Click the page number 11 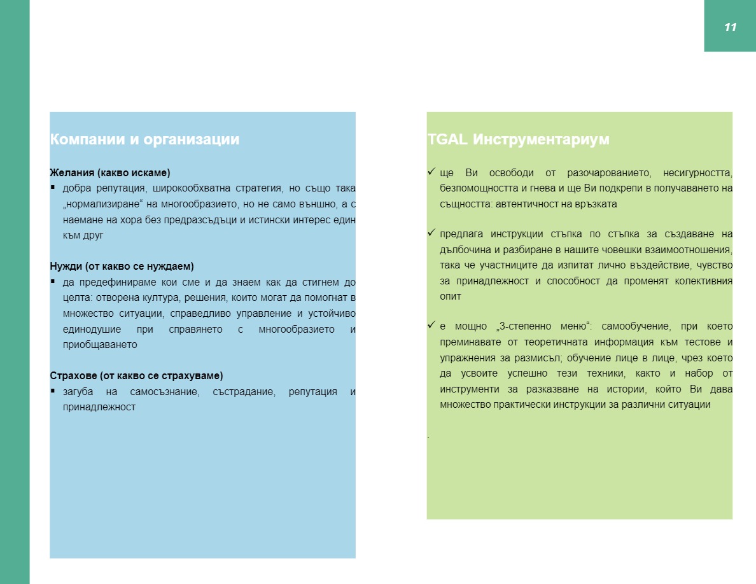[730, 27]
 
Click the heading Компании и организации [144, 140]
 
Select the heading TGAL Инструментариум [519, 140]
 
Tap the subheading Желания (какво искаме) [110, 172]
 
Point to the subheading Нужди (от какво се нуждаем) [122, 266]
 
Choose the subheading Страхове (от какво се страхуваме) [136, 375]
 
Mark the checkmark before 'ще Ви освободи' [431, 172]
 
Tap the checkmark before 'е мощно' [431, 326]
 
